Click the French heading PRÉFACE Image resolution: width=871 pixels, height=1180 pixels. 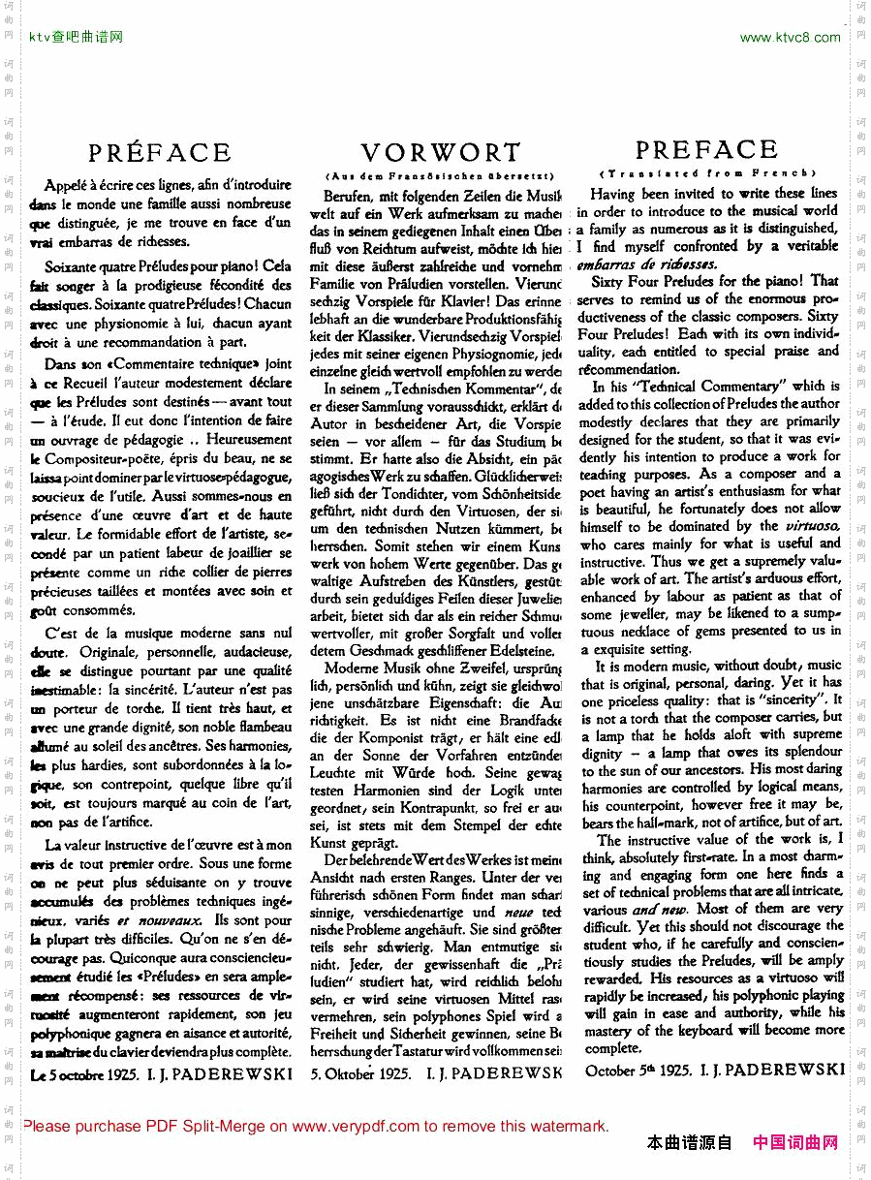[160, 153]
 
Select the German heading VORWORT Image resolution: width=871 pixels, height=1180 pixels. [441, 153]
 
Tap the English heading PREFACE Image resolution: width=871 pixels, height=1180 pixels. [706, 150]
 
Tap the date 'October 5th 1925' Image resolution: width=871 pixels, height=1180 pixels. [638, 1071]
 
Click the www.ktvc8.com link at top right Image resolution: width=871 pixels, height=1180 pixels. [790, 38]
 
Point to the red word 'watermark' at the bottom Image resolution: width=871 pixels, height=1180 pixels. [568, 1126]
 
